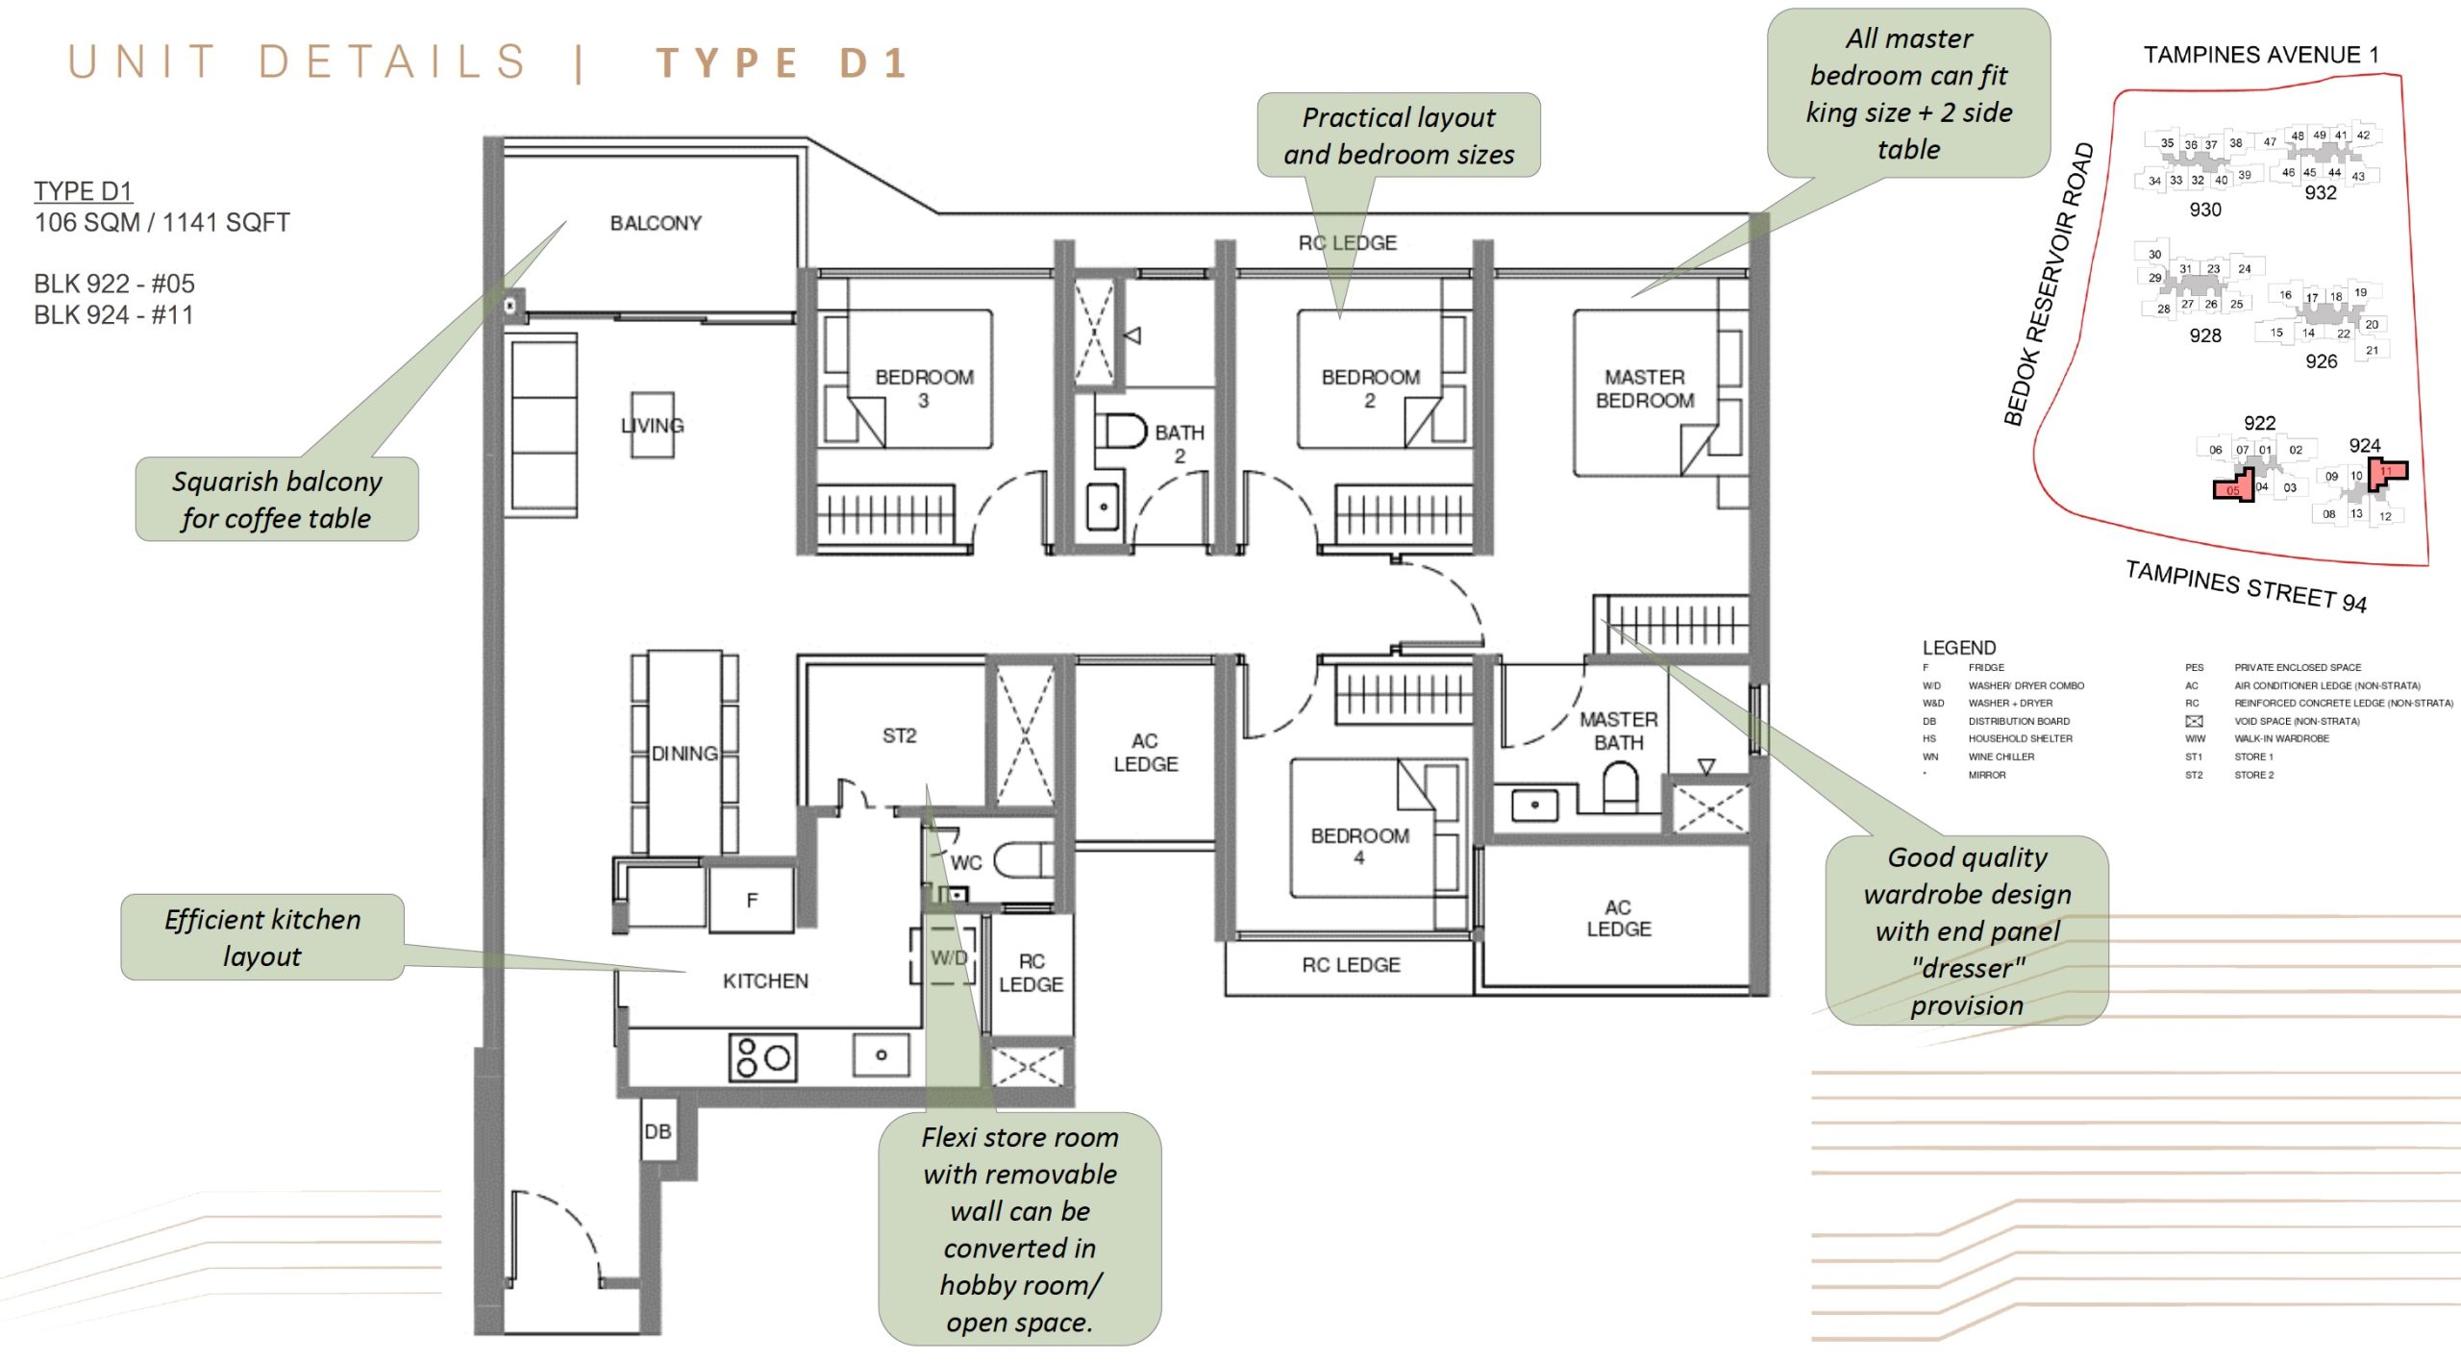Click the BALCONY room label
(656, 223)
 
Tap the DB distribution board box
(659, 1131)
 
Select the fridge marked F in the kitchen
(752, 901)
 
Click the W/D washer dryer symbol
(947, 956)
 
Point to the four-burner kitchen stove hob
(762, 1057)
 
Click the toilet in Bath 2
(1122, 431)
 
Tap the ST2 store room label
(899, 735)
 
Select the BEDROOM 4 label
(1359, 846)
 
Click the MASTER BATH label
(1619, 731)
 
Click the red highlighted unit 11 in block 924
(2387, 471)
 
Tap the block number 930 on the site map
(2204, 210)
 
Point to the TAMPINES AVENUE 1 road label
(2260, 55)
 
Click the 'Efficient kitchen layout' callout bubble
(261, 937)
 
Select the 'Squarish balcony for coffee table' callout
(277, 499)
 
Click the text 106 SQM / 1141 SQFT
(162, 222)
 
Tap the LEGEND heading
(1958, 647)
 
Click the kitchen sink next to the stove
(881, 1055)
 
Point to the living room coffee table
(652, 424)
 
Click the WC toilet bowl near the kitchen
(1021, 860)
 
